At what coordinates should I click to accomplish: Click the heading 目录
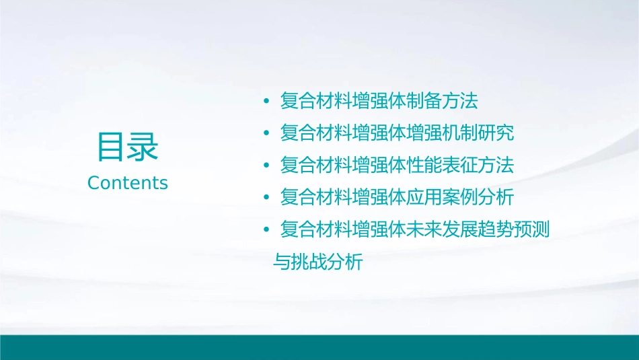tap(127, 147)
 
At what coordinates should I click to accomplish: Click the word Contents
tap(127, 183)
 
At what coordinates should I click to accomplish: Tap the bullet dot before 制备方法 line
tap(267, 102)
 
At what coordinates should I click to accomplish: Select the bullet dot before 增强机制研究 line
tap(267, 133)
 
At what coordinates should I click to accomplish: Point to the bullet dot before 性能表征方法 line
tap(267, 166)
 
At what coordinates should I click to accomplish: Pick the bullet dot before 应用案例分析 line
tap(267, 198)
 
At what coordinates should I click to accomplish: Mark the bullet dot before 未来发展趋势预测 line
tap(267, 230)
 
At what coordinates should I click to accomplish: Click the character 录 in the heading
tap(143, 147)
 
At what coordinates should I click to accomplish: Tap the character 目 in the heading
tap(111, 147)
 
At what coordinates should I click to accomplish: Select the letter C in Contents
tap(93, 183)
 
